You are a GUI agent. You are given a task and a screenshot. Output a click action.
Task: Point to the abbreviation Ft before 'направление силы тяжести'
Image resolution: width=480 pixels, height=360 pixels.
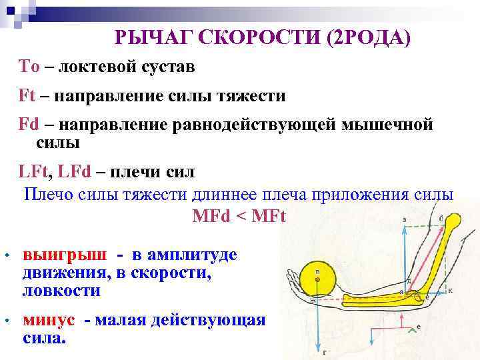tap(27, 96)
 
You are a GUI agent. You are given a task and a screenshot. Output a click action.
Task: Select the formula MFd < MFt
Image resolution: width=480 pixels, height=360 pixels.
tap(239, 217)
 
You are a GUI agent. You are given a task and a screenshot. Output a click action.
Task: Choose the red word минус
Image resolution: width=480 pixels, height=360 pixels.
tap(48, 320)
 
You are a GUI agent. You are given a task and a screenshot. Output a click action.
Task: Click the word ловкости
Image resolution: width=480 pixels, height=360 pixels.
tap(61, 291)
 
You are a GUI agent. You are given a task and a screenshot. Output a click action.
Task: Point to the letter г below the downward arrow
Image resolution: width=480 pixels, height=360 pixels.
tap(324, 351)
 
